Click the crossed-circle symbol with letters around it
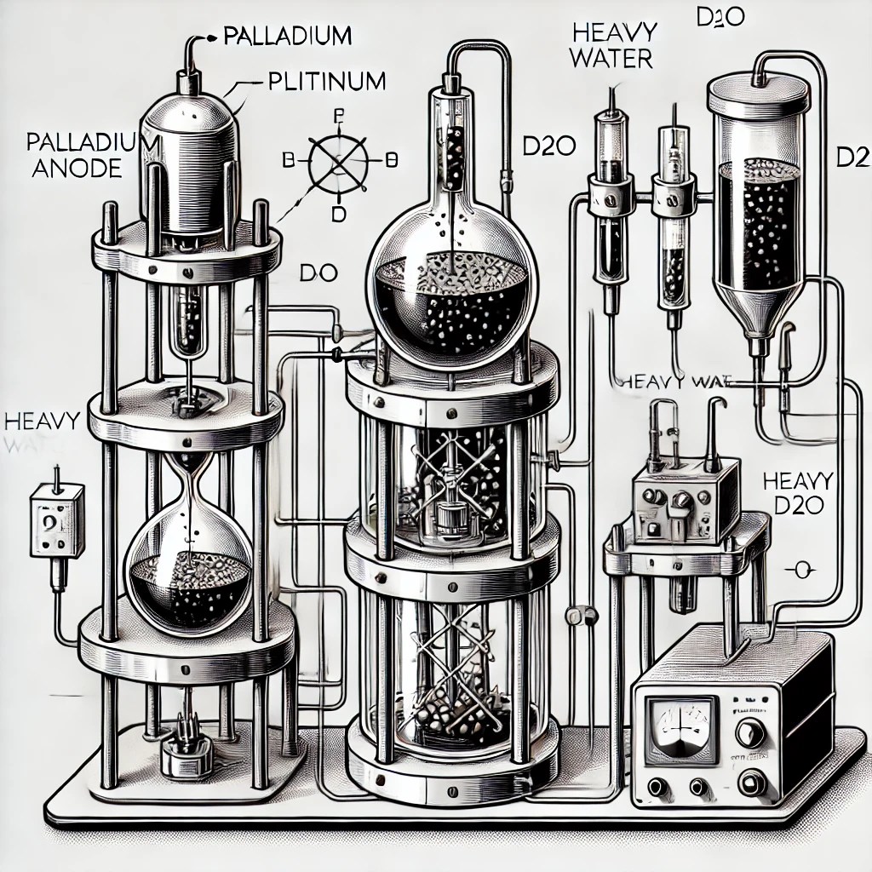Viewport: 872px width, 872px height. point(338,160)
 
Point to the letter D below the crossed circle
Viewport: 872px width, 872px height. point(338,214)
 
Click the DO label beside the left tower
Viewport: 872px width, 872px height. point(321,274)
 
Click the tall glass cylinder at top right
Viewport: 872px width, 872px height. point(759,187)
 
